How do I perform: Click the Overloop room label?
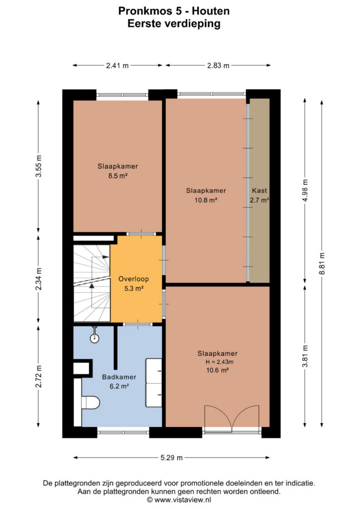coord(133,279)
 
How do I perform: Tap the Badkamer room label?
coord(119,377)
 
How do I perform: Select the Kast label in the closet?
coord(260,190)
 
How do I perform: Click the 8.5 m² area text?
coord(117,176)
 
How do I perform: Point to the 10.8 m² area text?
coord(206,200)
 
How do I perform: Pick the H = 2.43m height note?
coord(219,362)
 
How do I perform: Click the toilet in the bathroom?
coord(90,403)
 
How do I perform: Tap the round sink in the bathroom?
coord(94,337)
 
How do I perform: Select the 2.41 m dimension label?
coord(117,66)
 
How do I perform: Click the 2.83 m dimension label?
coord(218,66)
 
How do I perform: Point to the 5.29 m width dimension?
coord(172,458)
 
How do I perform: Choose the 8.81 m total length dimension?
coord(322,263)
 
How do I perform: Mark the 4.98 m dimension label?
coord(305,190)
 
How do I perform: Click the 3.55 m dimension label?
coord(39,166)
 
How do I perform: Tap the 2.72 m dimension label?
coord(39,376)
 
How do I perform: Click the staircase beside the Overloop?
coord(92,283)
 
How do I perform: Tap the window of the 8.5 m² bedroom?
coord(122,95)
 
